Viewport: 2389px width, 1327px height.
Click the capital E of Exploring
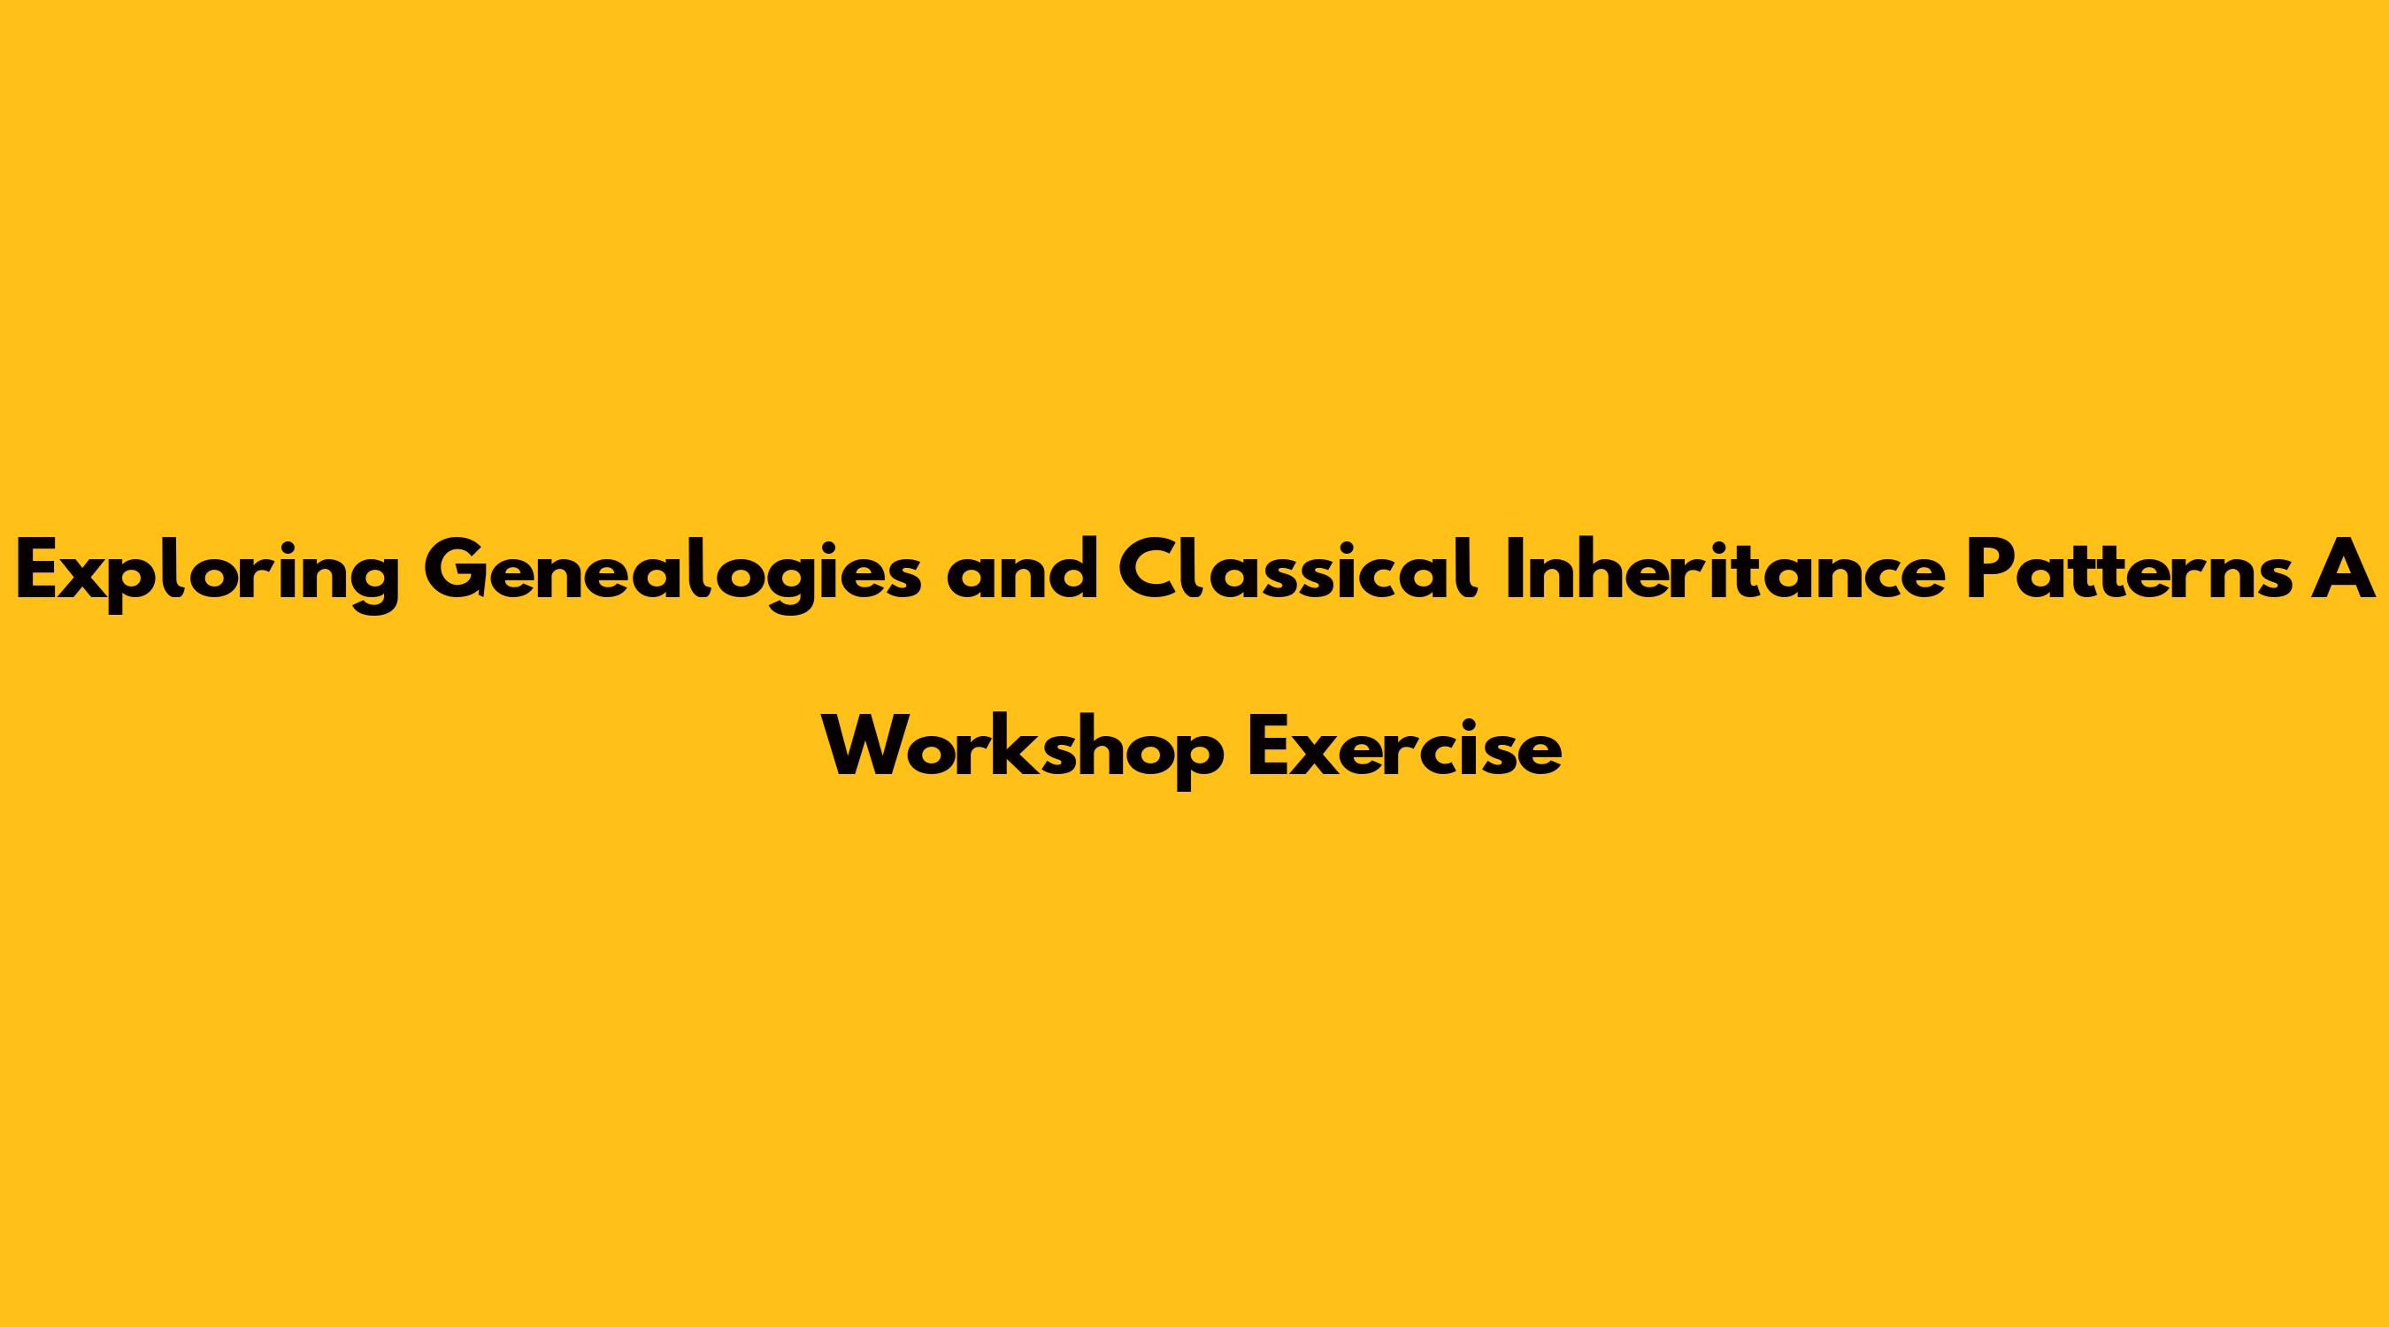[x=38, y=571]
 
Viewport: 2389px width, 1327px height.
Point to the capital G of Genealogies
[x=457, y=571]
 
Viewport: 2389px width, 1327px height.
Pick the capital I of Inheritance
[x=1510, y=571]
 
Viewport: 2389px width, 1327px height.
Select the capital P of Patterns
[x=1992, y=571]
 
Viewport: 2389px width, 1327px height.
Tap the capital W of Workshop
[x=868, y=748]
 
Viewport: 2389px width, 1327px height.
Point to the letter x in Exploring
[x=86, y=579]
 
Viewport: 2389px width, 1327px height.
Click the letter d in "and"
[x=1073, y=571]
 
